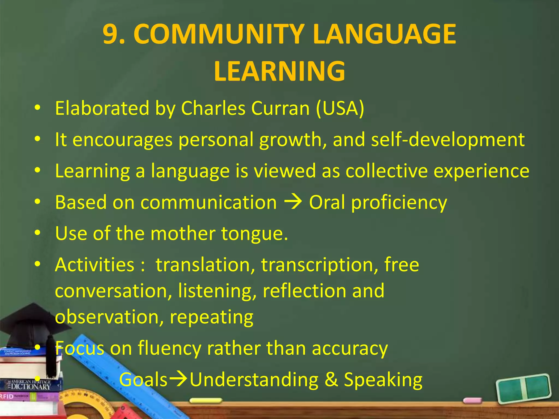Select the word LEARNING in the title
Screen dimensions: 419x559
click(x=279, y=71)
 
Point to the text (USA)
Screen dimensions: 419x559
click(x=340, y=108)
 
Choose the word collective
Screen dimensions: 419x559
click(x=386, y=171)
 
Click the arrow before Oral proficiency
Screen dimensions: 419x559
click(x=293, y=202)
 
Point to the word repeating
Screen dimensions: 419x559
click(x=212, y=317)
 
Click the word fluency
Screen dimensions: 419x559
click(x=169, y=349)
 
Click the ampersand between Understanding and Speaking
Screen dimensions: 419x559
click(x=331, y=379)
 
